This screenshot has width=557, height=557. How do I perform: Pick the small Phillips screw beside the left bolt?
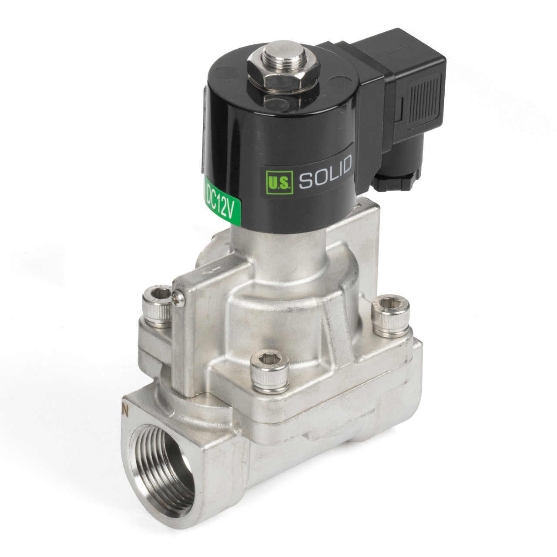178,298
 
